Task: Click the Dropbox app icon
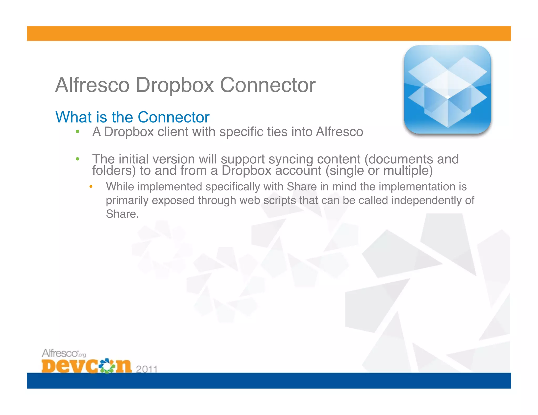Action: click(x=447, y=89)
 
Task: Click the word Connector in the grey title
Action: click(x=267, y=85)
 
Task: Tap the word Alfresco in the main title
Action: click(x=92, y=85)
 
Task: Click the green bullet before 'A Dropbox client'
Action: click(x=77, y=132)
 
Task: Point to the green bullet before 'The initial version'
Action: click(x=77, y=159)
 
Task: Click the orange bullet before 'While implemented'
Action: click(x=91, y=187)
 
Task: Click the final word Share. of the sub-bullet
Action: click(x=122, y=214)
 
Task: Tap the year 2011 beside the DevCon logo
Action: click(x=147, y=369)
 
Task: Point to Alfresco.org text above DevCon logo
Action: click(x=64, y=353)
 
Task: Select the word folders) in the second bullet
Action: click(x=114, y=171)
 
